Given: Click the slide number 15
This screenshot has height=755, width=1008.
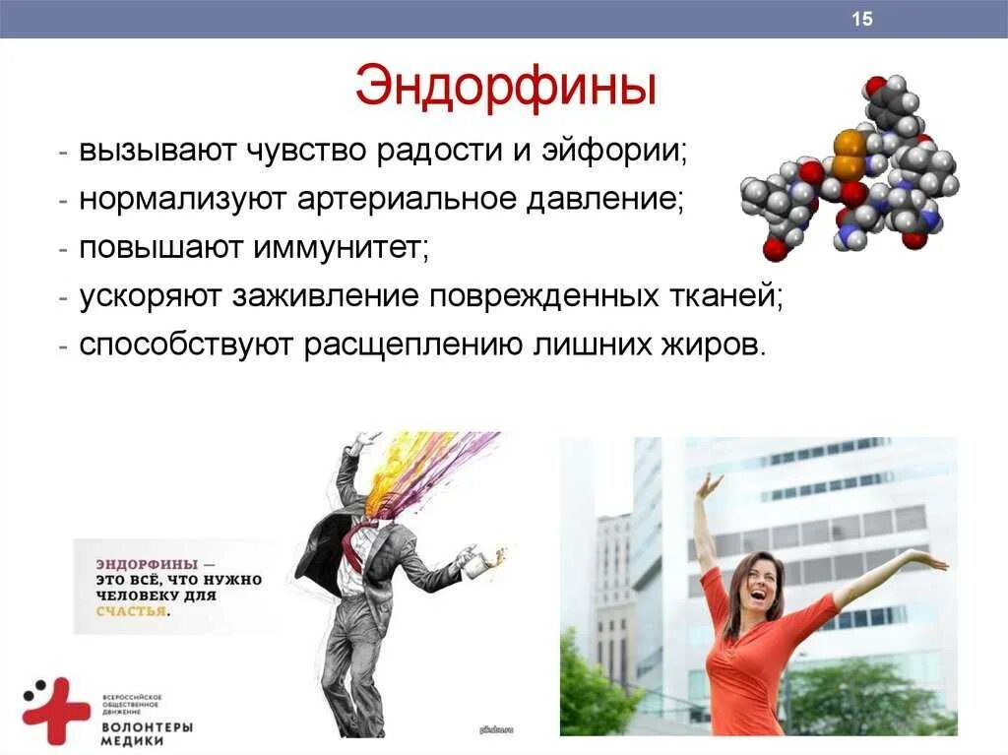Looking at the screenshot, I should pyautogui.click(x=862, y=20).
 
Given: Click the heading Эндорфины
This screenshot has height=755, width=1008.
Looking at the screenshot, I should pyautogui.click(x=505, y=88).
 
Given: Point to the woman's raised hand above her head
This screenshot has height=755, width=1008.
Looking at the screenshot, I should pyautogui.click(x=709, y=485).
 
